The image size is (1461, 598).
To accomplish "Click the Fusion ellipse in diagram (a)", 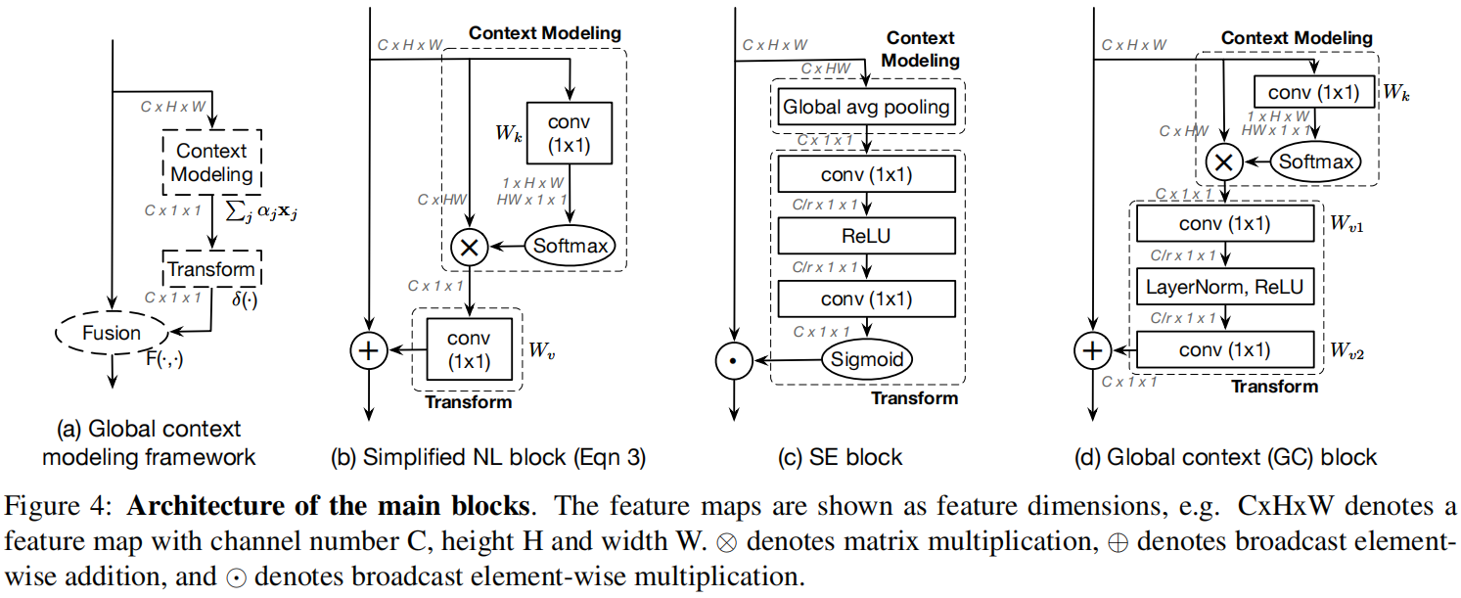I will click(111, 334).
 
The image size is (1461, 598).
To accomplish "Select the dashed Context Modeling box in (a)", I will click(211, 163).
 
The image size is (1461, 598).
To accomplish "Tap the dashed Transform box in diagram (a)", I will click(211, 269).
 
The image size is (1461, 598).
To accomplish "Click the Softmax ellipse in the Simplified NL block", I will click(572, 248).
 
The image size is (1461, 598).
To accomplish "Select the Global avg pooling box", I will click(865, 107).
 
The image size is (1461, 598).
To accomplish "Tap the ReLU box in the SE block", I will click(865, 235).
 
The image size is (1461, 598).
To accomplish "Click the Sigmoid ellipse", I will click(865, 360).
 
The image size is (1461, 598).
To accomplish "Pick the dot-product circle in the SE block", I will click(733, 361).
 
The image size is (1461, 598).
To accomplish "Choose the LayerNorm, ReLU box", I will click(1224, 287).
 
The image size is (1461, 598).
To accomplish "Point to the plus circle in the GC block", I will click(1090, 349).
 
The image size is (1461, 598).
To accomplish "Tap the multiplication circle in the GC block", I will click(1222, 161).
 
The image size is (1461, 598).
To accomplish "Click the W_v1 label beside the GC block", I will click(1346, 224).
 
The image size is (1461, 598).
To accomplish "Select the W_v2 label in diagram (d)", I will click(1346, 350).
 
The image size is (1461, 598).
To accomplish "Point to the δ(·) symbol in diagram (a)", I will click(245, 295).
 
